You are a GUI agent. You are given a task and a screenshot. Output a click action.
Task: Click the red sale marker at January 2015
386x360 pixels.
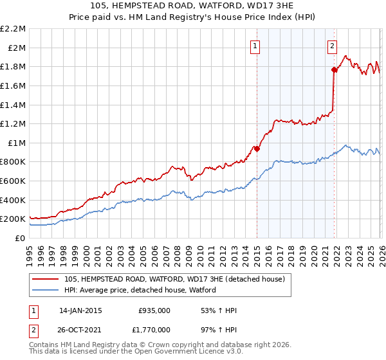(x=257, y=148)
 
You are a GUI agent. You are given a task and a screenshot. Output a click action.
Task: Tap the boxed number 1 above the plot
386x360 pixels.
(x=256, y=45)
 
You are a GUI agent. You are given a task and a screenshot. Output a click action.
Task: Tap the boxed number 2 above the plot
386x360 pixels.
(x=332, y=45)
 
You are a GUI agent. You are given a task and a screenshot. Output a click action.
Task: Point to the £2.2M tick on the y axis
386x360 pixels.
(x=13, y=29)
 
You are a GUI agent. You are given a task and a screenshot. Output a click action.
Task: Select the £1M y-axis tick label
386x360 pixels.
(x=17, y=143)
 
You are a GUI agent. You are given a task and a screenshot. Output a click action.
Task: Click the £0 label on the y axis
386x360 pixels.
(x=21, y=238)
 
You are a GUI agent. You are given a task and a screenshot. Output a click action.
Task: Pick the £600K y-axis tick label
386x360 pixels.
(x=13, y=181)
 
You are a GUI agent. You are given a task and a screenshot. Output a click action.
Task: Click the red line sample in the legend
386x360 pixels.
(x=46, y=279)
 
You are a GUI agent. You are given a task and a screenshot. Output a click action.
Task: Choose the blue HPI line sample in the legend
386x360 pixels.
(x=46, y=290)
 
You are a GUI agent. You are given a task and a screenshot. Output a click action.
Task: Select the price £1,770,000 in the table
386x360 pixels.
(x=154, y=329)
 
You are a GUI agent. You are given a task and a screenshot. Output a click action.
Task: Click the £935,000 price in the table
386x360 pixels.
(x=154, y=310)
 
